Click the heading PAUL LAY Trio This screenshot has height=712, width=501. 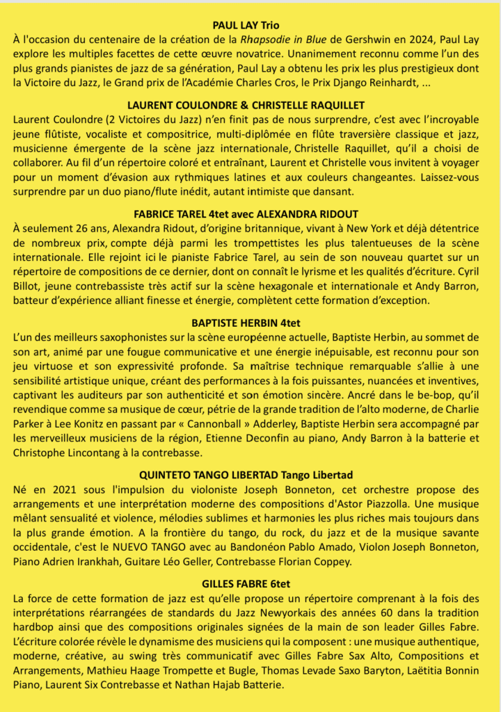click(250, 24)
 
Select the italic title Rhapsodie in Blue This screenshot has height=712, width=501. click(288, 39)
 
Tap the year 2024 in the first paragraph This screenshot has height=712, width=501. click(440, 39)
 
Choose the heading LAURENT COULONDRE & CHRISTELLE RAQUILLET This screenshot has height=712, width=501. click(250, 105)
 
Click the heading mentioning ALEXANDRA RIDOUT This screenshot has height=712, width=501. click(250, 213)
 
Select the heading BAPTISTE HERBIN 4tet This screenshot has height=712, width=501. click(250, 322)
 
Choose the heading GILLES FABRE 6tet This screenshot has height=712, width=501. click(250, 583)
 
